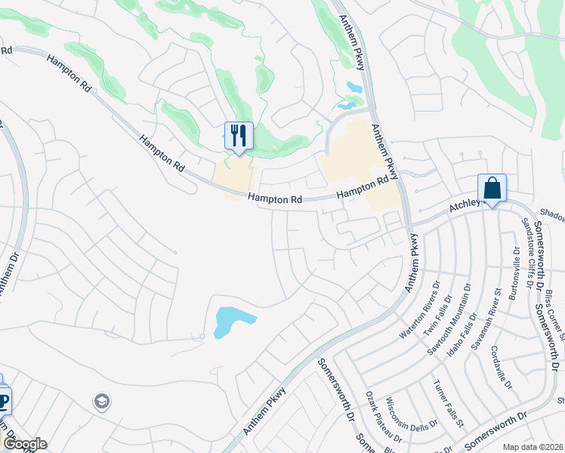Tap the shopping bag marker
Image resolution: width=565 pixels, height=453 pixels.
coord(492,188)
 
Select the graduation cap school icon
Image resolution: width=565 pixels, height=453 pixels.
coord(101,402)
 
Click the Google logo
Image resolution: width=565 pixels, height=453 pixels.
coord(25,444)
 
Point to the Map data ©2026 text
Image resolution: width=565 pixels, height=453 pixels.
coord(533,447)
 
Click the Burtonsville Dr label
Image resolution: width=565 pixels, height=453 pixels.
coord(513,273)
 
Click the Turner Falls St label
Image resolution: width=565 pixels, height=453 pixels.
coord(448,403)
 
